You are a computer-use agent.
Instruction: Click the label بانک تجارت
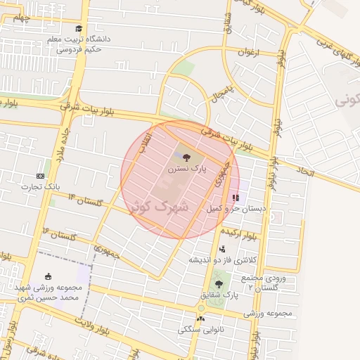(40, 186)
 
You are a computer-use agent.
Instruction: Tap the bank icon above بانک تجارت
(40, 176)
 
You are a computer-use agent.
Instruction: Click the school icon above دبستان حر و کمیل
(235, 198)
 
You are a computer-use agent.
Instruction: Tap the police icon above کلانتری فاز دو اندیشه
(222, 248)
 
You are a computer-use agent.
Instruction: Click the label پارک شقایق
(220, 296)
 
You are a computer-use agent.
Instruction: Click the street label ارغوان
(247, 51)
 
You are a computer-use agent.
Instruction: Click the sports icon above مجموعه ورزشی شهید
(48, 276)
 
